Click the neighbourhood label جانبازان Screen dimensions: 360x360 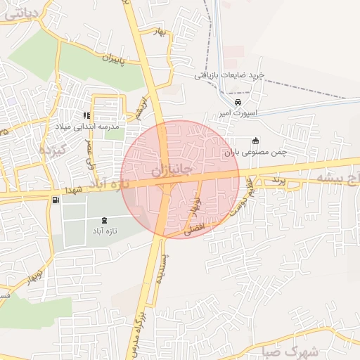172,171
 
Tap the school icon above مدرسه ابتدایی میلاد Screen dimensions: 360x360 86,116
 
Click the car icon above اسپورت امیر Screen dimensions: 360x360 238,103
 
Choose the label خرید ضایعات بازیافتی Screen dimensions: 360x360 230,75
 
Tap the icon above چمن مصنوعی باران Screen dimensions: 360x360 255,140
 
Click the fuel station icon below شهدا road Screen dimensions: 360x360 55,200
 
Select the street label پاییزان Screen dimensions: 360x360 110,63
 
